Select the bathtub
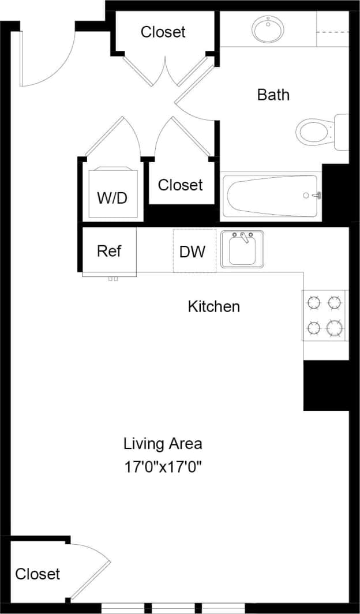click(x=271, y=196)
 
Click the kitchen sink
click(x=242, y=250)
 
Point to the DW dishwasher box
click(x=194, y=251)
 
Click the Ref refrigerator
click(x=109, y=251)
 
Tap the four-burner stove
click(x=325, y=316)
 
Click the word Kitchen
click(x=213, y=306)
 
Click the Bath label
click(x=273, y=95)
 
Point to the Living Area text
click(x=163, y=444)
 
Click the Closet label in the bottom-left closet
click(x=37, y=574)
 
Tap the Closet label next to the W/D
click(x=181, y=185)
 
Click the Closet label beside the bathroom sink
click(x=163, y=32)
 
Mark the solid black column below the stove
click(x=326, y=385)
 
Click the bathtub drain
click(x=306, y=196)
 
